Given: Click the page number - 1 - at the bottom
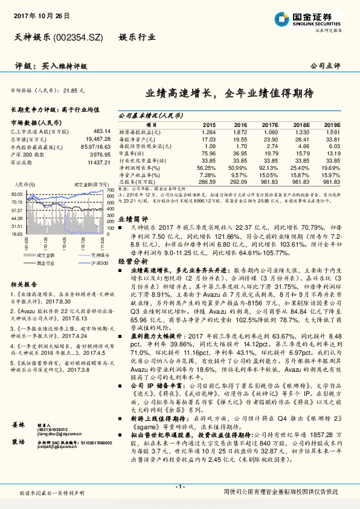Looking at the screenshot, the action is [179, 487].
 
